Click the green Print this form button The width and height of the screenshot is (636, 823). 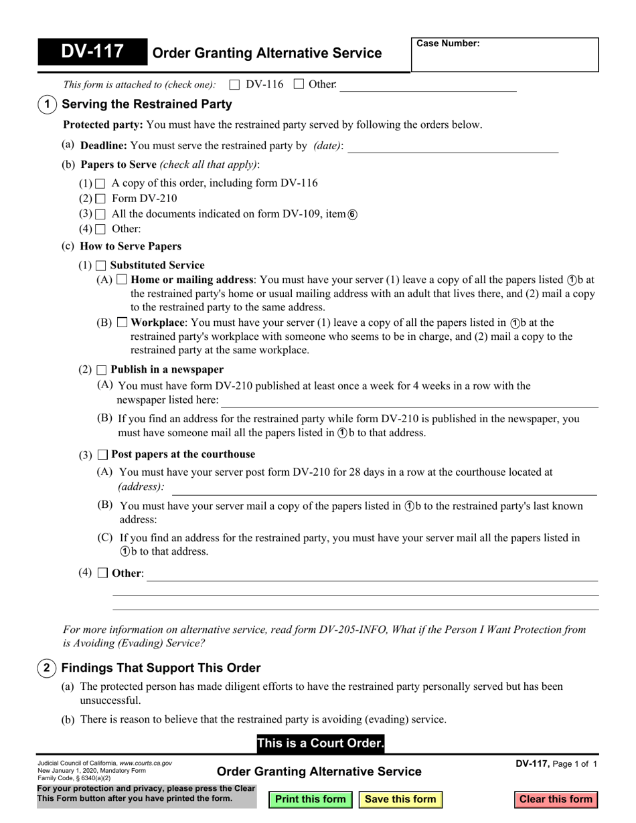(311, 799)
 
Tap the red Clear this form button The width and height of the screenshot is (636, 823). (556, 799)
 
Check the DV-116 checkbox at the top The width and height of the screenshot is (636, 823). (234, 84)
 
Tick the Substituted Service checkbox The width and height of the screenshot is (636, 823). (101, 266)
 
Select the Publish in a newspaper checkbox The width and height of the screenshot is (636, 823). (101, 370)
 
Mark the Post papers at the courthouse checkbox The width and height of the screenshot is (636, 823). (102, 454)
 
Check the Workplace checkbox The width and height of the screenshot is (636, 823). (122, 323)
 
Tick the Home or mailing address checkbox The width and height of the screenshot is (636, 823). (122, 280)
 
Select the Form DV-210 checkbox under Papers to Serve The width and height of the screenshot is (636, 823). (101, 199)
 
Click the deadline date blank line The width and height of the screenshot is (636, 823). (453, 147)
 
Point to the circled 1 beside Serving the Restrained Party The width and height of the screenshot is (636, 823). (46, 104)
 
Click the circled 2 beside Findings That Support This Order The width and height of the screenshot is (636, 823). (46, 668)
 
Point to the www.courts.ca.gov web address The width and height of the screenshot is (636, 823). (145, 763)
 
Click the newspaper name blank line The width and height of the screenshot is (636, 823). (410, 401)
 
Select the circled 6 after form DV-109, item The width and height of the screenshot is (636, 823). (352, 215)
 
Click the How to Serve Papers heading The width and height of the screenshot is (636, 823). (131, 246)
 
